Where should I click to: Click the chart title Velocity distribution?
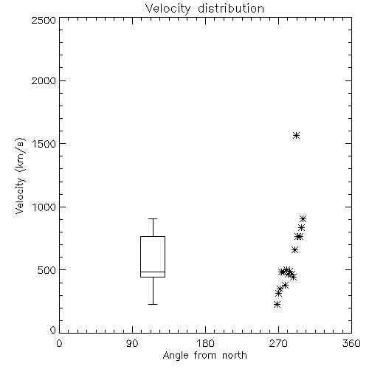(204, 9)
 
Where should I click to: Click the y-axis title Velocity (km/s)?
(20, 176)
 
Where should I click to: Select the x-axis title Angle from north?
(204, 356)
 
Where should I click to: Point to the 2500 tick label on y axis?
(44, 20)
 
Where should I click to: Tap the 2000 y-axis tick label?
(44, 80)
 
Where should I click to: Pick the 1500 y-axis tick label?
(44, 144)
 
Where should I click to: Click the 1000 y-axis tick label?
(44, 207)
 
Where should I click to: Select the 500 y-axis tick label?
(47, 270)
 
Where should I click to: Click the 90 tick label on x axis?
(132, 343)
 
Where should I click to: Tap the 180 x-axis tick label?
(205, 343)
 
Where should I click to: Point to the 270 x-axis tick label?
(278, 343)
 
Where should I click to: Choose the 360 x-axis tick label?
(351, 343)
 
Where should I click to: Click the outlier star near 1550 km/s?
(297, 135)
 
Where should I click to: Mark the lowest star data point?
(277, 305)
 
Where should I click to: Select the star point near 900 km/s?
(303, 218)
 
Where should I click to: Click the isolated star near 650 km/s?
(294, 250)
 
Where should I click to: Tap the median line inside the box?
(153, 272)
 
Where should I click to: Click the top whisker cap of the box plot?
(153, 218)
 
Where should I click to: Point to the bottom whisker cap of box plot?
(153, 304)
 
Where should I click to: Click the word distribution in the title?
(231, 9)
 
